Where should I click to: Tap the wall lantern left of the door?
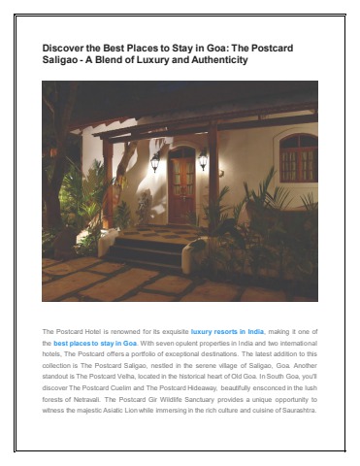(x=154, y=162)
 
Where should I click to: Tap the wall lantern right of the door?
(x=203, y=162)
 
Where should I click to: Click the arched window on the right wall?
(x=297, y=155)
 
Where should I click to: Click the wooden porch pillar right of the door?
(x=213, y=184)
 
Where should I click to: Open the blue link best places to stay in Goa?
(x=95, y=343)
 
